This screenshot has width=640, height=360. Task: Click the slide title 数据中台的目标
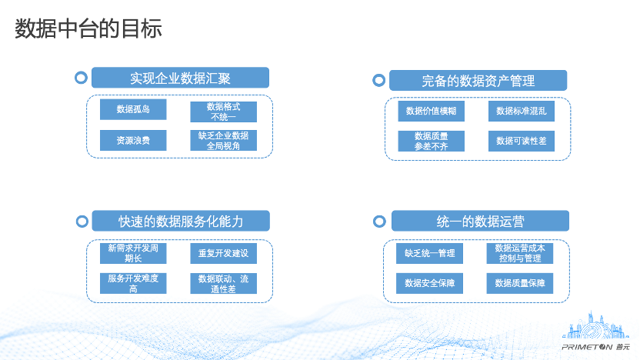pos(88,28)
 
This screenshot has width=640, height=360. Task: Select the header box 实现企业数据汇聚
pos(180,78)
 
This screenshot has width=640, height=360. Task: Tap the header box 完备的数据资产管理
pos(478,81)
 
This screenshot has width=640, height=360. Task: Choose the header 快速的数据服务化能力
pos(181,221)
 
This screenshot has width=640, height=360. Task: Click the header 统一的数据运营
pos(480,221)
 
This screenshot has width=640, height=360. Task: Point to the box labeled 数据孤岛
pos(133,109)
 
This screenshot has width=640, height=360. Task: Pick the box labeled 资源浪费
pos(133,141)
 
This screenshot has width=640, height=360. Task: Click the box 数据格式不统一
pos(223,112)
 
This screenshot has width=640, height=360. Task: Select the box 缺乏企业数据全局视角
pos(223,141)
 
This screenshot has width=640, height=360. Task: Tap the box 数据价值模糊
pos(431,111)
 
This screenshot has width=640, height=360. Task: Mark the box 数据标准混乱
pos(522,111)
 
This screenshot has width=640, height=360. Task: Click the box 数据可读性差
pos(522,141)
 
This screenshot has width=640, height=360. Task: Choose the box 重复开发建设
pos(223,254)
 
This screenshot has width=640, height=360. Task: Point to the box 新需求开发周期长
pos(133,254)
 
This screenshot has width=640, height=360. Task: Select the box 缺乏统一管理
pos(429,254)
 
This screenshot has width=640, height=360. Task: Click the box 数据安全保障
pos(429,283)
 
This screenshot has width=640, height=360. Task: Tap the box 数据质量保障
pos(519,283)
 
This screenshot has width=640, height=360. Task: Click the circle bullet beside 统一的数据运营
pos(379,216)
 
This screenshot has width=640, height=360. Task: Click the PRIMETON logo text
pos(587,348)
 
